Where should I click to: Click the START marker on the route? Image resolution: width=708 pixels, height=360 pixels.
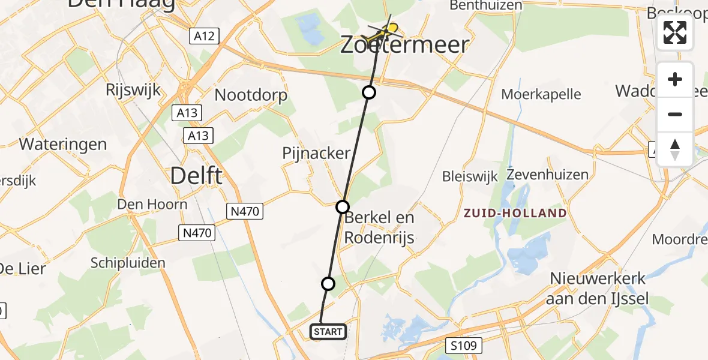328,332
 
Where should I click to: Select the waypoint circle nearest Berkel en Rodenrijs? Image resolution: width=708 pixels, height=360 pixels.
342,207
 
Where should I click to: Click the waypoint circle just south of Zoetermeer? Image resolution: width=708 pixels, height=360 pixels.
369,92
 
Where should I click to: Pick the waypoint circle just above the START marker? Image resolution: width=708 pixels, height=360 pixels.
328,283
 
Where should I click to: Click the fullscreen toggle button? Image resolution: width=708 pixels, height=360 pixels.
675,32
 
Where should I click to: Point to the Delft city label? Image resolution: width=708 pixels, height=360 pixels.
196,176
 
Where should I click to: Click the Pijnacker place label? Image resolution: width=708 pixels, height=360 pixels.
316,154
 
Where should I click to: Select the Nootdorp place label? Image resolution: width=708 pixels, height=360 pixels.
251,95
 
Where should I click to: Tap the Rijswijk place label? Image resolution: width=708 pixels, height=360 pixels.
133,91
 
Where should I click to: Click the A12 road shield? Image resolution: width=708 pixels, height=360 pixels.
205,37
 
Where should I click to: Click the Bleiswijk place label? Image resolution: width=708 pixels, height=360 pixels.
466,176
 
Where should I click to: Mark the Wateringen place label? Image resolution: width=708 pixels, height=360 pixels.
63,145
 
